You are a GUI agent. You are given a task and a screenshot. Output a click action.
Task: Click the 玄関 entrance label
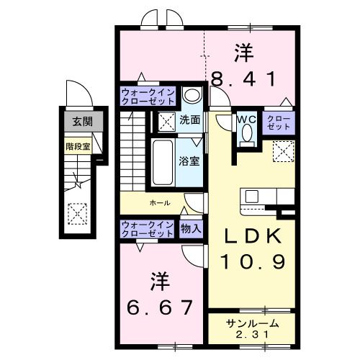coord(77,122)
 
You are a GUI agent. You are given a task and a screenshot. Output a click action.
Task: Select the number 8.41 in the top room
coord(243,78)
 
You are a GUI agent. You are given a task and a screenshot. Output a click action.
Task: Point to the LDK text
coord(252,237)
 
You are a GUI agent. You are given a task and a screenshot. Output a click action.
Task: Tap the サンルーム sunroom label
coord(251,323)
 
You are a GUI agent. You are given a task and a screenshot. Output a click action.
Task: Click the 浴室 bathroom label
coord(189,160)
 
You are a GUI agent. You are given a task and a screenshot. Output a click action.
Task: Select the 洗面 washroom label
coord(189,120)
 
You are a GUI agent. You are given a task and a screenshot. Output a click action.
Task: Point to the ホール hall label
coord(160,203)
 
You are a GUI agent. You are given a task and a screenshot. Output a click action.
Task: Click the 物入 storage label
coord(192,229)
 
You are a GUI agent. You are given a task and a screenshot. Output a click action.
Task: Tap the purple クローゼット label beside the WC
coord(279,122)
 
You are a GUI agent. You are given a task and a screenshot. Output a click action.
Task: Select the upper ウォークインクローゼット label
coord(146,96)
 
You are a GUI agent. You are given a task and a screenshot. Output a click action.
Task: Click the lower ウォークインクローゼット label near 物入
coord(146,229)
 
